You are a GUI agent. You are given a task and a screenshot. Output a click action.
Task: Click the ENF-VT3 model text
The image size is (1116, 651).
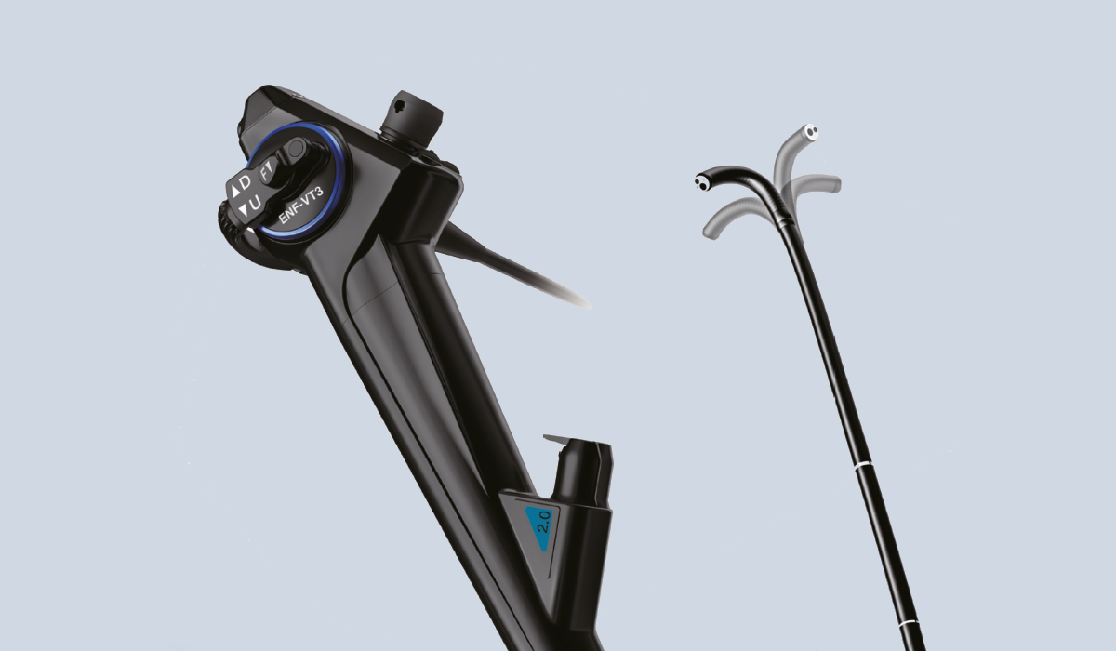(x=301, y=205)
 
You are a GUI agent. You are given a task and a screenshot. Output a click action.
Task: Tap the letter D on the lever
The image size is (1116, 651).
(x=245, y=183)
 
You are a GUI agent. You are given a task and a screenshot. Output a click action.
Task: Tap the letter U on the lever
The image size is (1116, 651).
(x=255, y=203)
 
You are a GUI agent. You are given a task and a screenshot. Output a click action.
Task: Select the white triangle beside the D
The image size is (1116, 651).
(x=235, y=192)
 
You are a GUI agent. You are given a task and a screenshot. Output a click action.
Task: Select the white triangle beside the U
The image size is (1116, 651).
(x=244, y=210)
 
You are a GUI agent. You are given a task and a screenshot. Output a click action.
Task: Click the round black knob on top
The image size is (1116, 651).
(x=411, y=118)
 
